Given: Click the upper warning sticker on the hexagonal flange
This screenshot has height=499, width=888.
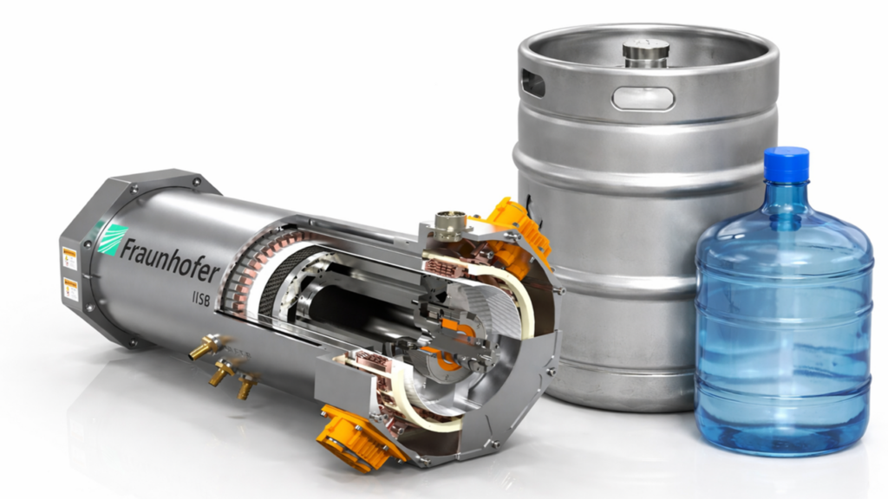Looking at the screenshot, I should coord(69,257).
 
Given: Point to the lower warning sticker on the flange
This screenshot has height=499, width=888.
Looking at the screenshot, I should coord(70,289).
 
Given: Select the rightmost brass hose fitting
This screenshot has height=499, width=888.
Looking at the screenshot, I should coord(247,386).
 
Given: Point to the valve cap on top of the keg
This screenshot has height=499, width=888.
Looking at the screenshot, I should coord(646,50).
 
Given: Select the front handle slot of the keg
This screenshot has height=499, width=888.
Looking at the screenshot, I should coord(643,98).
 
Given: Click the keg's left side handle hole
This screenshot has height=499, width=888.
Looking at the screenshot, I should coord(532,83).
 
